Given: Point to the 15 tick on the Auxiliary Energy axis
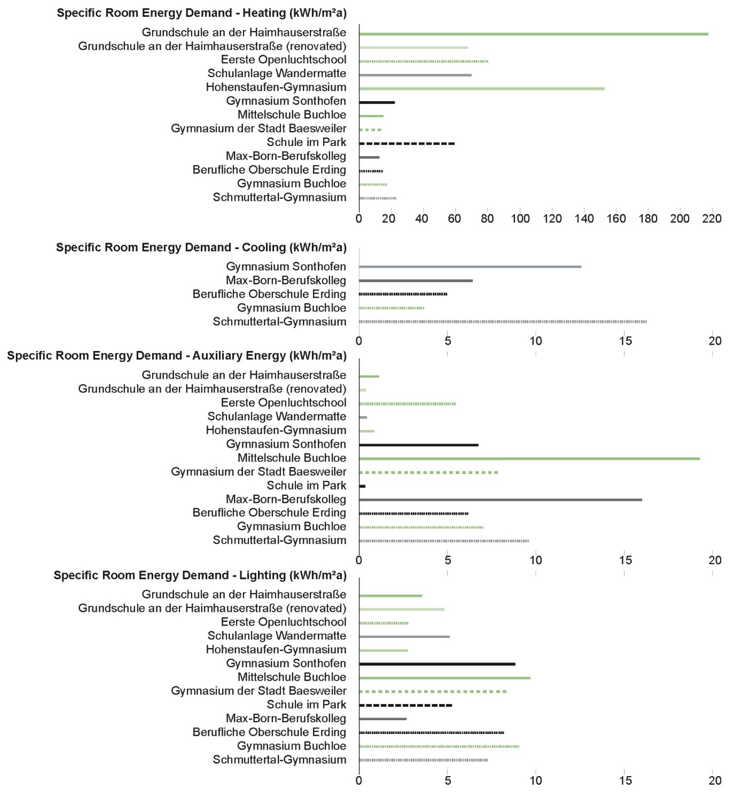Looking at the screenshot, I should coord(625,560).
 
